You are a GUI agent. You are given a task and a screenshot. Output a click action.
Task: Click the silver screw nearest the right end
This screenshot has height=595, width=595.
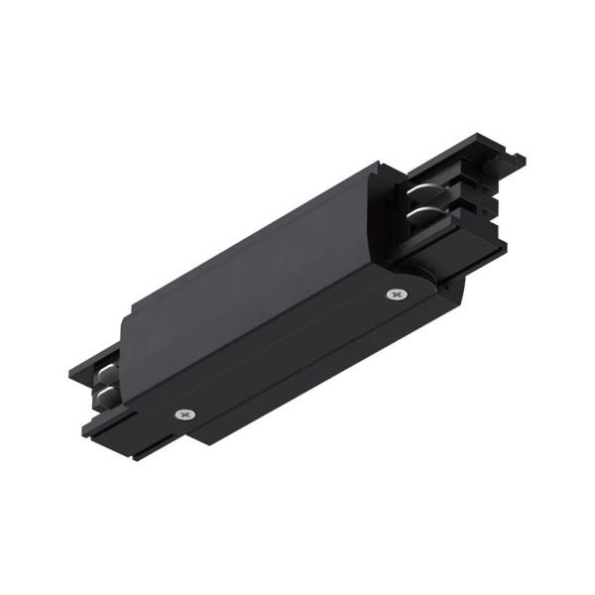click(x=398, y=295)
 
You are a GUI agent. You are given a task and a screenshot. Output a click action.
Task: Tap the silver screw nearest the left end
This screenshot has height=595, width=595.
click(x=181, y=414)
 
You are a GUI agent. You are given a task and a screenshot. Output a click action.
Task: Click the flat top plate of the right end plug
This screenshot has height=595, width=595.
click(x=466, y=164)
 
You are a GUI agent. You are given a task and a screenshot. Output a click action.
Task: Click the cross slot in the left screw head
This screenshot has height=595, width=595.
click(x=181, y=414)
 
